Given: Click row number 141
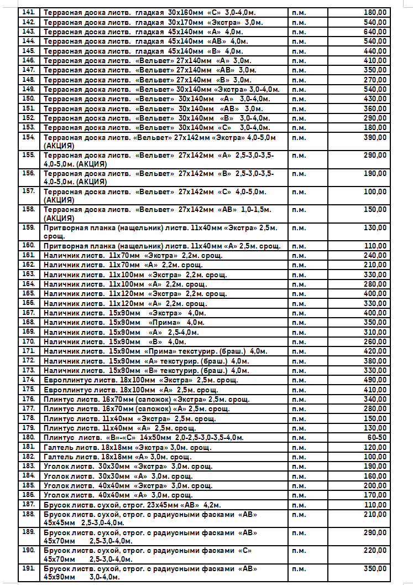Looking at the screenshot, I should (29, 13).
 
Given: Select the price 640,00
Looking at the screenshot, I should (375, 32).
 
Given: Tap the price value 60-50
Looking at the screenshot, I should (378, 437).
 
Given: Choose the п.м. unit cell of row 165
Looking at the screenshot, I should (299, 293).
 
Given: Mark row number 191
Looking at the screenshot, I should (29, 569).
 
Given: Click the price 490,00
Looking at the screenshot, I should (375, 380).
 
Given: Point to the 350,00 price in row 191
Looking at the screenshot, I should (375, 569).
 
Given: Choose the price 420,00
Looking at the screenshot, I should (375, 351).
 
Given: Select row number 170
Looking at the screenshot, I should (29, 341).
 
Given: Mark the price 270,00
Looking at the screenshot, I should (375, 80).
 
